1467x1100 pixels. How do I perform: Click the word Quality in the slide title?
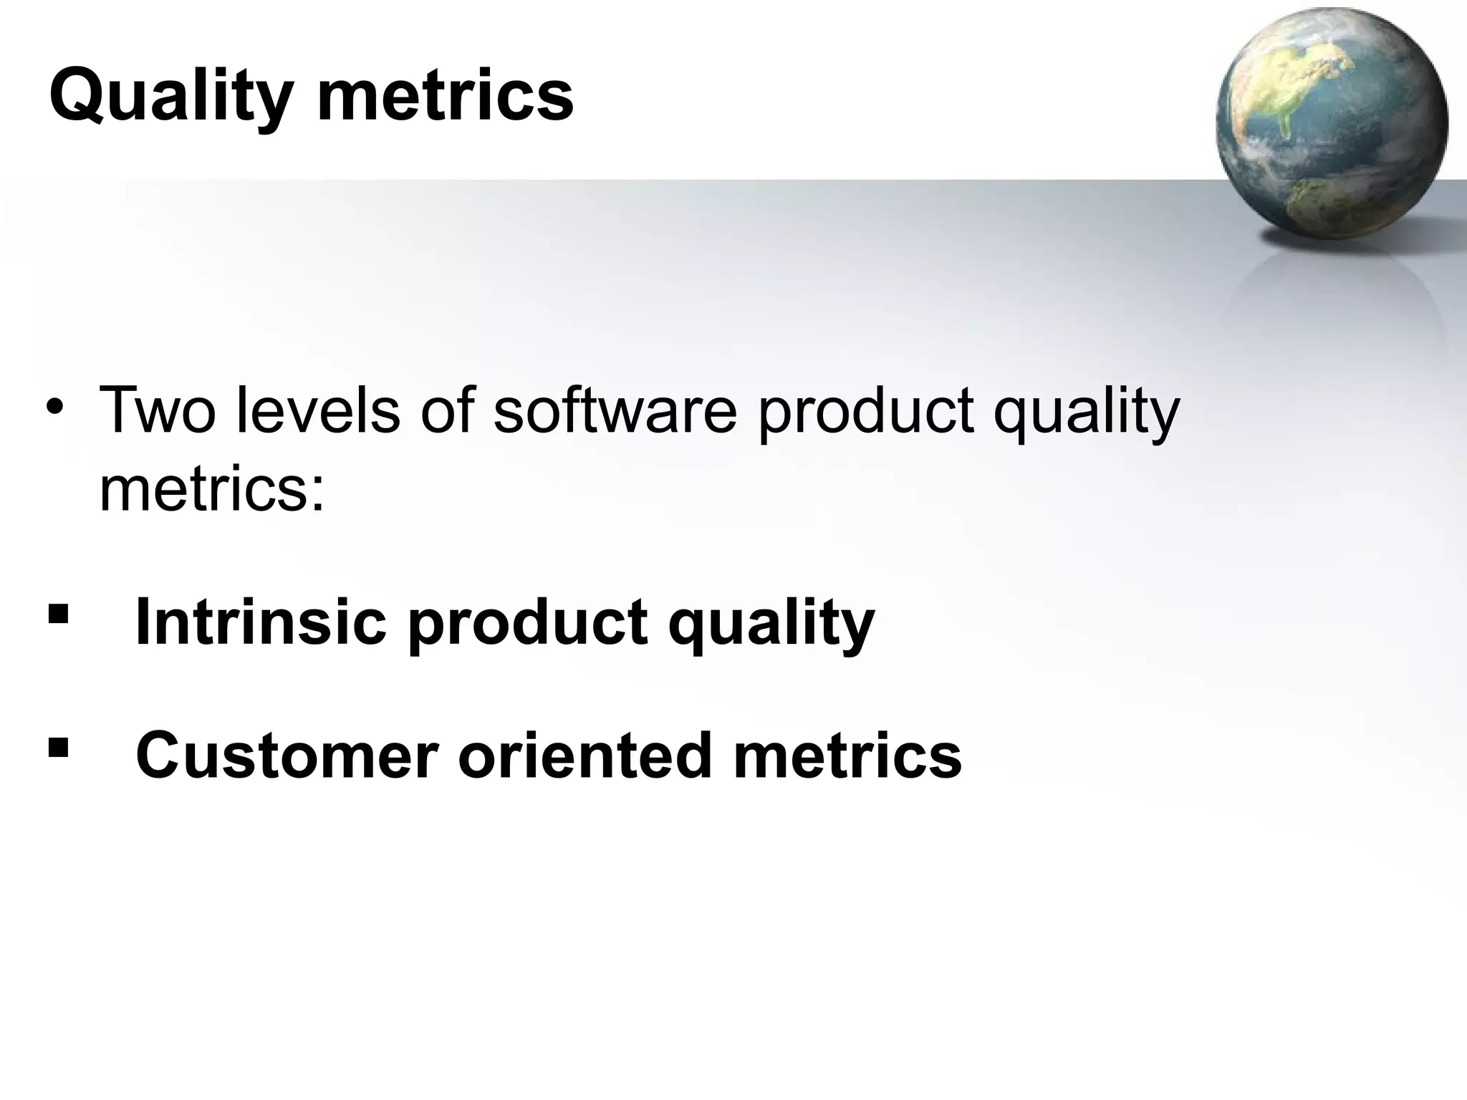(170, 97)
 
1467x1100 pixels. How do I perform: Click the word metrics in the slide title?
(445, 97)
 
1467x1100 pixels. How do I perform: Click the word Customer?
(287, 756)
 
